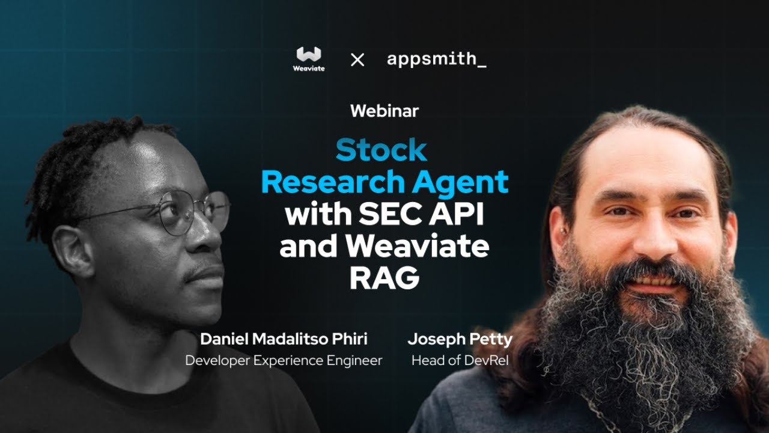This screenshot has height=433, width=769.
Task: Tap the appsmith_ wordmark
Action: pos(436,60)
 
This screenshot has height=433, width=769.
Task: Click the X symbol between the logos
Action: pos(357,60)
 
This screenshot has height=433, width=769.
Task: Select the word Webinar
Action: pos(384,111)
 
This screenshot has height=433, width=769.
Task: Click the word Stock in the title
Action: pos(381,150)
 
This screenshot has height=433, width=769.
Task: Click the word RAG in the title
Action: pos(384,278)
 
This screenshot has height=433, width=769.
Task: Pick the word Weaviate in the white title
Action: pos(421,246)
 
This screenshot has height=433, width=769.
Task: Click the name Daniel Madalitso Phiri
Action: pos(284,339)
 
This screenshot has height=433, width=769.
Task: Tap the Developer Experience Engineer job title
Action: pos(284,360)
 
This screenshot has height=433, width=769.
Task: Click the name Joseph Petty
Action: pos(460,339)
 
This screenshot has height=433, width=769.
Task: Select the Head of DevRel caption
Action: pos(460,360)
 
